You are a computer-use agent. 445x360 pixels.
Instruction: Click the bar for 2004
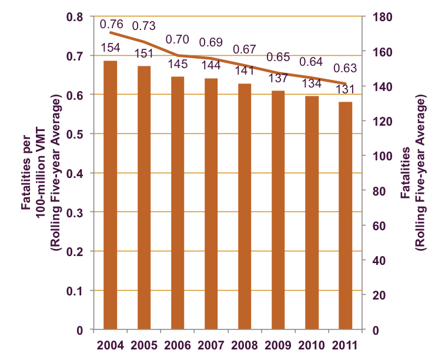(x=111, y=195)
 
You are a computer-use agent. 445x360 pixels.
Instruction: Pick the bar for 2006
(x=178, y=203)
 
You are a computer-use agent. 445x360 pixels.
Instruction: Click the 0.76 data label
(x=111, y=24)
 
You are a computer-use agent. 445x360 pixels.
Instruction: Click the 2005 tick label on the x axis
(x=144, y=344)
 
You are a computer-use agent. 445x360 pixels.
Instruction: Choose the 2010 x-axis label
(x=312, y=344)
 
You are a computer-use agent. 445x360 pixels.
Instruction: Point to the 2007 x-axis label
(x=211, y=344)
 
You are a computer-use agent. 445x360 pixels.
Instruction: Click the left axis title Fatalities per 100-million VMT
(x=44, y=173)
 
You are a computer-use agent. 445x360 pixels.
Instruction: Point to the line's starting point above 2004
(x=111, y=32)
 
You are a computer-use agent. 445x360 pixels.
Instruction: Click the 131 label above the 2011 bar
(x=345, y=89)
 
